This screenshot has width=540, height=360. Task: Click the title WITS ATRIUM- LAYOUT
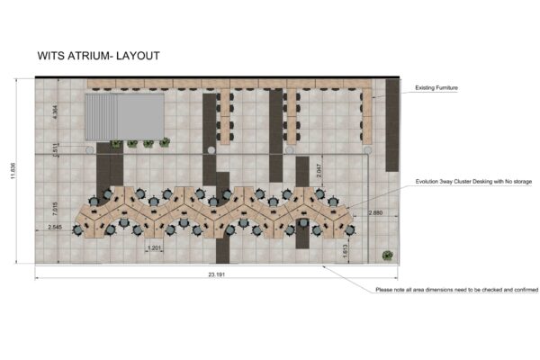click(99, 56)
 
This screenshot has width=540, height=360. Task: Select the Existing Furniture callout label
click(436, 88)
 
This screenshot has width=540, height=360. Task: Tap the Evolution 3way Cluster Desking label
click(473, 182)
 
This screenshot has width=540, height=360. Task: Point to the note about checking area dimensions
click(456, 290)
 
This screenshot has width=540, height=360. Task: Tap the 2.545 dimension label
click(56, 229)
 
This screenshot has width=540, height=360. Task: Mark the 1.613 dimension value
click(346, 253)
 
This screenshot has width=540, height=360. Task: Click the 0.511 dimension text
click(56, 151)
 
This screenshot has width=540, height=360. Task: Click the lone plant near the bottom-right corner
click(386, 255)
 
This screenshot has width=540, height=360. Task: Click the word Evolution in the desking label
click(429, 182)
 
